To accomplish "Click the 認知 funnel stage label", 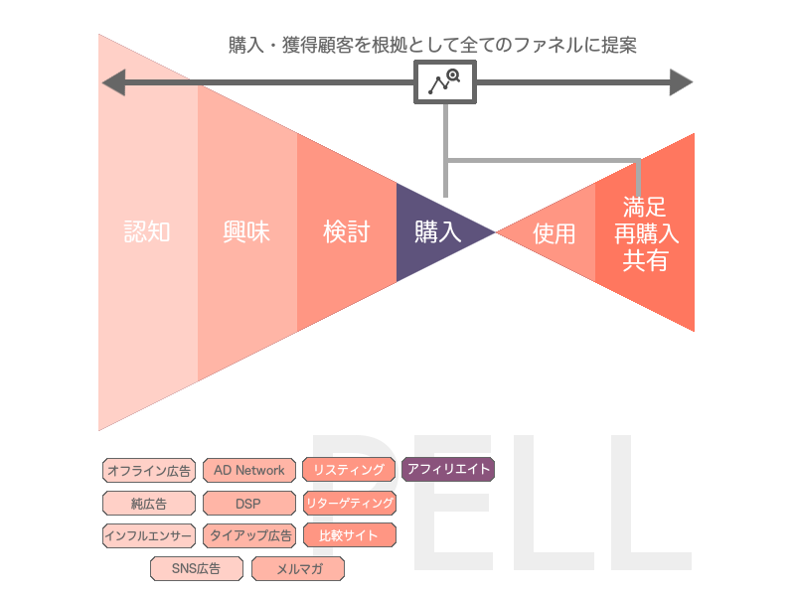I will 147,232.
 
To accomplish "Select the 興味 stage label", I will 246,232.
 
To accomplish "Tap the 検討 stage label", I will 346,232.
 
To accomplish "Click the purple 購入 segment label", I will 437,232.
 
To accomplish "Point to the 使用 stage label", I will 554,233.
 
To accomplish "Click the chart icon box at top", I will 445,81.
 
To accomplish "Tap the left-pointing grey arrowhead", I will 113,81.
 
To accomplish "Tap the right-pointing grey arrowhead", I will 682,81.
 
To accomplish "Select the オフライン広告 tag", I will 148,470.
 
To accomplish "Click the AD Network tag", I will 248,470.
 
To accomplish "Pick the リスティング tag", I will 348,470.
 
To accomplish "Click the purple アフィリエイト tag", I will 448,469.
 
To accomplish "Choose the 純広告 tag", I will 148,503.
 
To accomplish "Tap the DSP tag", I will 248,503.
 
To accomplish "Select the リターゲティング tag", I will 348,503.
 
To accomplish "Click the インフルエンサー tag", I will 148,535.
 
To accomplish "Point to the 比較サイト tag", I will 348,535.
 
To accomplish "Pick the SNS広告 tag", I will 197,569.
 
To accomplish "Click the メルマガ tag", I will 297,569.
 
